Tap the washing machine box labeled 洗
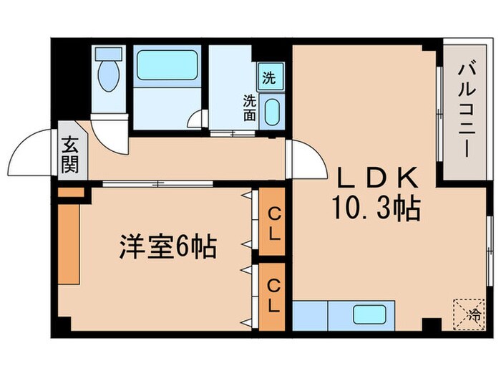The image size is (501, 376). pos(270,77)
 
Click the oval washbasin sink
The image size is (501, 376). pos(272,112)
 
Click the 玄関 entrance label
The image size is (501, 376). pos(70,155)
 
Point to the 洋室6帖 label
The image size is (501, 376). pos(167,249)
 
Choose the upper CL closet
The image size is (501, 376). pos(273,222)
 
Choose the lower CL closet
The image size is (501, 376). pos(273,296)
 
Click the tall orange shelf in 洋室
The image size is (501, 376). pos(69,244)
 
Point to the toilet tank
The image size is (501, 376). pos(109,54)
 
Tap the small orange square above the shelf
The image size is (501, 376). pos(70,193)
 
